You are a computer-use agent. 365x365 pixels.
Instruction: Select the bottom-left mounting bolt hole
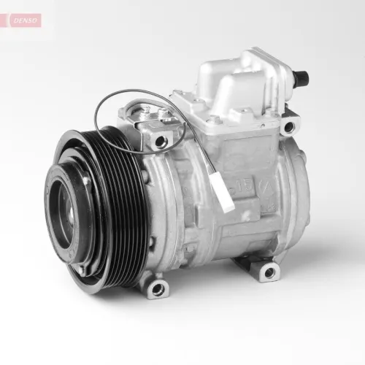tap(157, 288)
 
